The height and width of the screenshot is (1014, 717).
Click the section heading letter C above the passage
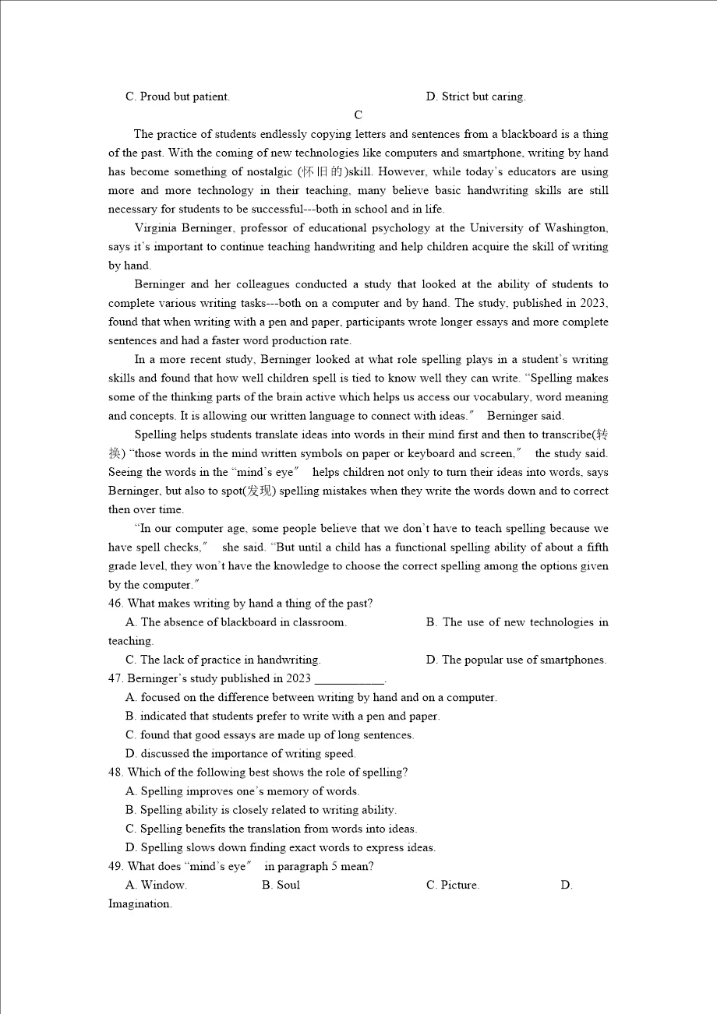click(358, 115)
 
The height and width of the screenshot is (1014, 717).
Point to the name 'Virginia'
click(156, 228)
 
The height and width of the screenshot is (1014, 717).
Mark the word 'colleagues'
click(263, 284)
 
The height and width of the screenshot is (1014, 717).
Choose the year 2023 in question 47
click(298, 678)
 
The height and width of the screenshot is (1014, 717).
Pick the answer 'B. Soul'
click(281, 885)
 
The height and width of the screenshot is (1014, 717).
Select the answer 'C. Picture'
click(453, 885)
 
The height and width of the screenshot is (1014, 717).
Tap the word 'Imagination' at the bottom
click(140, 903)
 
